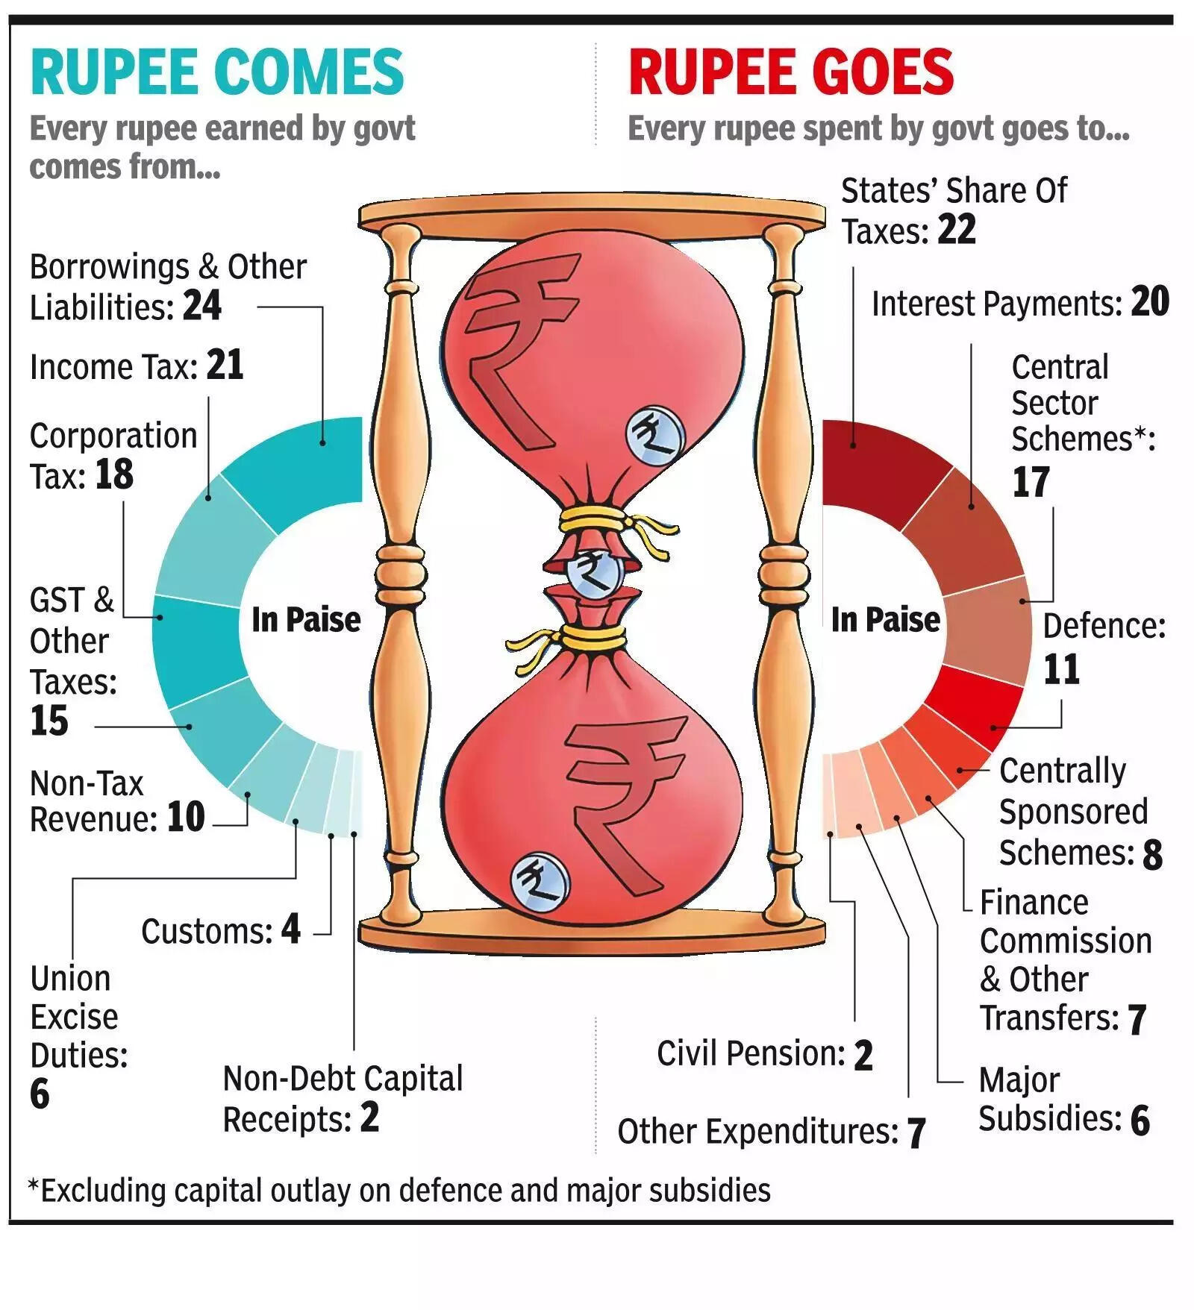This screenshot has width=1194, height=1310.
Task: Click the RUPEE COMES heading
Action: [216, 72]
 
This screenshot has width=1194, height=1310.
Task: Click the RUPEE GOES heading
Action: [791, 72]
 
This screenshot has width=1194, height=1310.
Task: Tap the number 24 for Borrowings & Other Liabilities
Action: [202, 305]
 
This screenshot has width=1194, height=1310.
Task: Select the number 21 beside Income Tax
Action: [225, 365]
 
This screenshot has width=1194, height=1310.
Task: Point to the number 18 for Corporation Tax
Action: [114, 474]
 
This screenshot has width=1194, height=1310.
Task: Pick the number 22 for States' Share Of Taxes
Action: [957, 229]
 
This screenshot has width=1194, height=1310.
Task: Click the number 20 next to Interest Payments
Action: [1150, 301]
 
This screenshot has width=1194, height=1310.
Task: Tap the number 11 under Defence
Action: [1061, 668]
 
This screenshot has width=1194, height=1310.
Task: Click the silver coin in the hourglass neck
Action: [594, 573]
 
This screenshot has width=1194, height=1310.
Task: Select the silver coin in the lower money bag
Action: [540, 880]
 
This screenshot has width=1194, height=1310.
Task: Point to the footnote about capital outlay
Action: [399, 1190]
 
